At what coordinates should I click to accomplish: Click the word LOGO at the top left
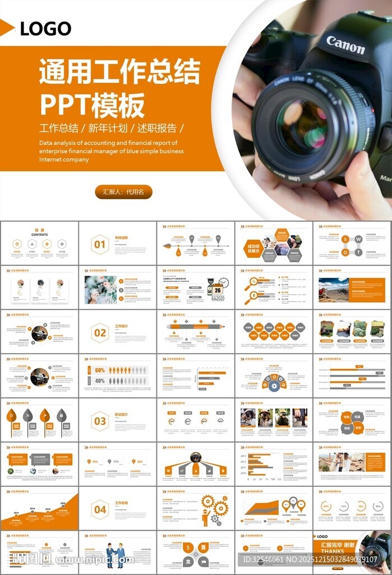click(45, 29)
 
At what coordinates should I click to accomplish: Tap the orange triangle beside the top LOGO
click(7, 28)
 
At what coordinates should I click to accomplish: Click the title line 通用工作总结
click(119, 72)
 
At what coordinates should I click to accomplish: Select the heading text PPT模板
click(92, 104)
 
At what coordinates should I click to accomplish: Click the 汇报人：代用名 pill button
click(123, 192)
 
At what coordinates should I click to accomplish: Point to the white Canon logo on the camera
click(345, 45)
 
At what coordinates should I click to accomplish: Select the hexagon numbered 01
click(100, 245)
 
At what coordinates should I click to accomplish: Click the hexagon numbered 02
click(100, 333)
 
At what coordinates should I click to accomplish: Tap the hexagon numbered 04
click(100, 509)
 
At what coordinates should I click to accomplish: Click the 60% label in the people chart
click(99, 371)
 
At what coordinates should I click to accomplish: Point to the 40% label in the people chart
click(99, 381)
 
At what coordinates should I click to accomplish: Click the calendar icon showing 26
click(217, 290)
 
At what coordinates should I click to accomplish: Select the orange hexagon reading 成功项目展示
click(253, 248)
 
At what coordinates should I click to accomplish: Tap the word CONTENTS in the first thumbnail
click(39, 235)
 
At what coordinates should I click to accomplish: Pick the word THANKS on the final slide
click(333, 551)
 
